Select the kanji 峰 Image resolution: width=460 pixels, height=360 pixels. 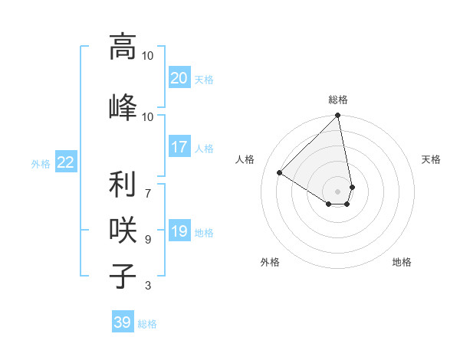[123, 106]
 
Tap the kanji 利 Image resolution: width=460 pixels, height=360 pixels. [123, 185]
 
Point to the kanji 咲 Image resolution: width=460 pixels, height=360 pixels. [123, 231]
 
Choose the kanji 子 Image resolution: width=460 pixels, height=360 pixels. [123, 277]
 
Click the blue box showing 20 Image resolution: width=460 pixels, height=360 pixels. [179, 78]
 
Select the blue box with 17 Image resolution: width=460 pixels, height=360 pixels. [179, 147]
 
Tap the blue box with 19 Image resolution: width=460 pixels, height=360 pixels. [179, 231]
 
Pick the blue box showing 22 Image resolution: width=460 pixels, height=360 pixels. [66, 162]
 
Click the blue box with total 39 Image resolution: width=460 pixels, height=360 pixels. [123, 322]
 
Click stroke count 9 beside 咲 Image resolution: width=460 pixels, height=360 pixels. [148, 240]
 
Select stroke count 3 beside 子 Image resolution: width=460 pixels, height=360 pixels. [148, 286]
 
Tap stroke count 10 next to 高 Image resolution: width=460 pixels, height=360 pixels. [148, 55]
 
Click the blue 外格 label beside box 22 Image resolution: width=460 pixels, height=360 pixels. [41, 163]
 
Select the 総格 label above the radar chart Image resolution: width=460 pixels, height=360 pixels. [338, 100]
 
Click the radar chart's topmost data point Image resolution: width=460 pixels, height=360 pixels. [338, 116]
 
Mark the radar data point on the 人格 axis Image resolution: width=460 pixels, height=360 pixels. [280, 173]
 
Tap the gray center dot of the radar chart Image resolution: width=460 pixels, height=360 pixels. [338, 191]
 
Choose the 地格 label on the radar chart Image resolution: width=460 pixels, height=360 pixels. [402, 262]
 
